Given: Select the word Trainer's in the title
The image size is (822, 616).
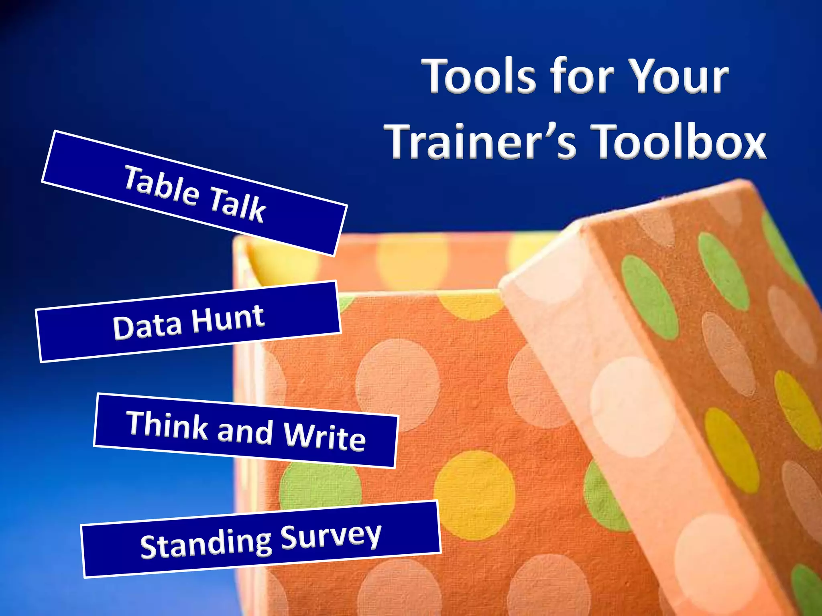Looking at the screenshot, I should [480, 141].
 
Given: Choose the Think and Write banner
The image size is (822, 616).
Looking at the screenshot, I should [246, 431].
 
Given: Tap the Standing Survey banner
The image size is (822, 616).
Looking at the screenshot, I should [260, 539].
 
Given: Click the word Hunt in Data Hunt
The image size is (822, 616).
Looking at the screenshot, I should [228, 319].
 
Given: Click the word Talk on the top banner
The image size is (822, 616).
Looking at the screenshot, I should [238, 205].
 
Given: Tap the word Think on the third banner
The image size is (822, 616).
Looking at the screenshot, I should [167, 425].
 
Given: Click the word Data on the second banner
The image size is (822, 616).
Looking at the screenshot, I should [147, 326].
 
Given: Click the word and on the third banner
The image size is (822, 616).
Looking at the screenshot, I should [245, 432].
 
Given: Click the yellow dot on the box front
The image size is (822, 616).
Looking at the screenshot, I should [474, 489].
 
